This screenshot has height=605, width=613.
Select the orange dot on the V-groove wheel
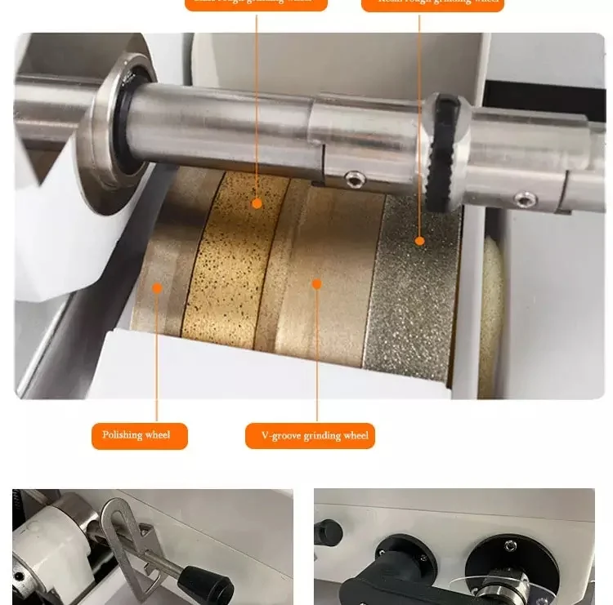tap(316, 284)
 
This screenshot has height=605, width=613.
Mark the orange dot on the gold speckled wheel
tap(257, 202)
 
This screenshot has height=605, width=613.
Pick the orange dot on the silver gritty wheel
tap(419, 241)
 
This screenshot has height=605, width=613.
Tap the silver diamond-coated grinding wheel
tap(413, 294)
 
